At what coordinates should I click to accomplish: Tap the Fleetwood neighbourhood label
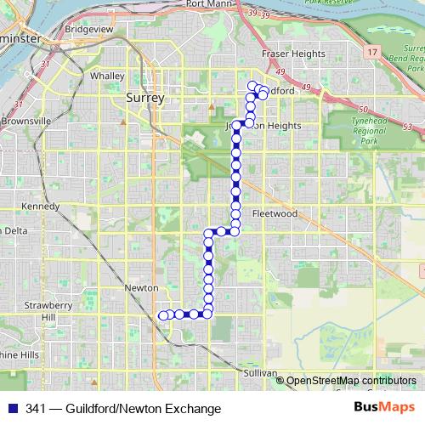pyautogui.click(x=275, y=214)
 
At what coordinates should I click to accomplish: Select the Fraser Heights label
pyautogui.click(x=293, y=54)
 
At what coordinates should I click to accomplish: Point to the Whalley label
pyautogui.click(x=107, y=75)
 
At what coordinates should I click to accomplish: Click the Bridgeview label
pyautogui.click(x=88, y=29)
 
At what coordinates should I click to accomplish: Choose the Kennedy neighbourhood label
pyautogui.click(x=40, y=207)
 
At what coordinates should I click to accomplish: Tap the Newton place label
pyautogui.click(x=142, y=288)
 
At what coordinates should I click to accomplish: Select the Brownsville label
pyautogui.click(x=25, y=122)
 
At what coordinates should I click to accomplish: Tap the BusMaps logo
pyautogui.click(x=384, y=408)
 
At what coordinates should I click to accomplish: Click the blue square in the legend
pyautogui.click(x=10, y=409)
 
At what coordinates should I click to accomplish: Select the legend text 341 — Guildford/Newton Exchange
pyautogui.click(x=123, y=409)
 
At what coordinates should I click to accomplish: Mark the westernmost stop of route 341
pyautogui.click(x=162, y=315)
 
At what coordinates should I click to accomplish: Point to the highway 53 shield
pyautogui.click(x=407, y=127)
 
